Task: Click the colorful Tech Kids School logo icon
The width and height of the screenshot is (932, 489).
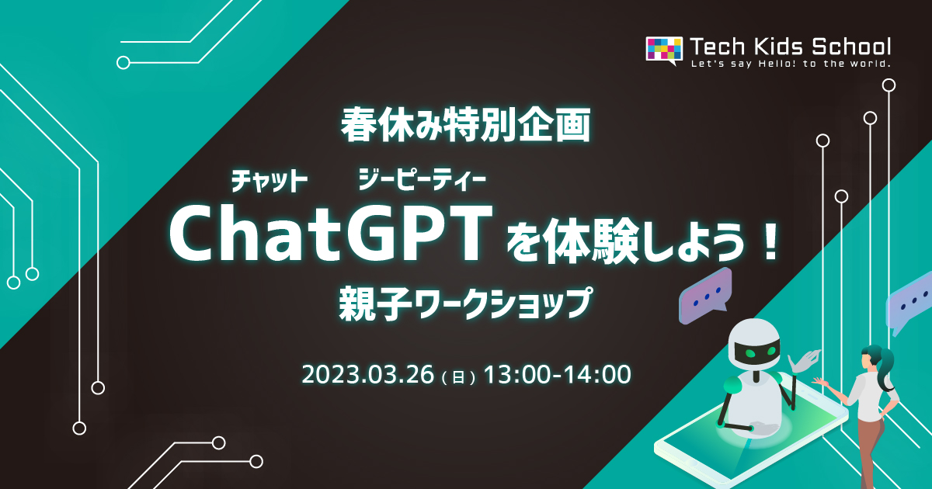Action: [x=663, y=49]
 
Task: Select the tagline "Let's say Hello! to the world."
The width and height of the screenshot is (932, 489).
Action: [x=791, y=64]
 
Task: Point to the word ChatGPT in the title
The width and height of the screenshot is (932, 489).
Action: [x=332, y=233]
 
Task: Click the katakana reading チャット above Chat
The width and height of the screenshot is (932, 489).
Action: [x=270, y=182]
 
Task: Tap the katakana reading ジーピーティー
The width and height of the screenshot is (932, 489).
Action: [x=422, y=182]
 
